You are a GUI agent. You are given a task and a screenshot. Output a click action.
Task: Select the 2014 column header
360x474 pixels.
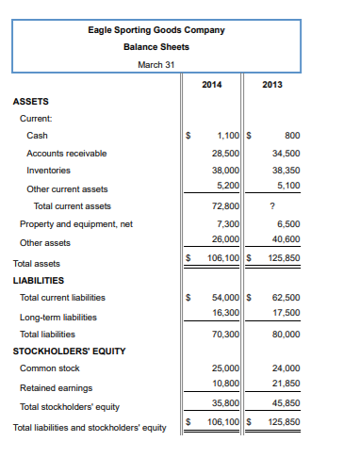(x=212, y=85)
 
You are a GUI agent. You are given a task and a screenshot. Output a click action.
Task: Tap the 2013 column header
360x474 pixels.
(x=272, y=85)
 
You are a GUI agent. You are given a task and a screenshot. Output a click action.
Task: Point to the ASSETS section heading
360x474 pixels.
(x=31, y=101)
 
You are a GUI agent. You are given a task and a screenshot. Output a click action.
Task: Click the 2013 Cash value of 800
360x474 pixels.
(x=291, y=136)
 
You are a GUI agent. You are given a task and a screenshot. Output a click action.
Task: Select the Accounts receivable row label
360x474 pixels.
(x=66, y=153)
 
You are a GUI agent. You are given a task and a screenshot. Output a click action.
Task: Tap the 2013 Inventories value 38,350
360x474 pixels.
(x=286, y=171)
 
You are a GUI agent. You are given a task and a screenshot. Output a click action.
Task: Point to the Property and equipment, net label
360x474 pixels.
(x=76, y=224)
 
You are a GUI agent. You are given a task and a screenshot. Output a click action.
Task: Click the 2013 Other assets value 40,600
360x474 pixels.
(x=286, y=241)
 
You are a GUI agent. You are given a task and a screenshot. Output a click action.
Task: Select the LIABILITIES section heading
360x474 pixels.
(x=39, y=280)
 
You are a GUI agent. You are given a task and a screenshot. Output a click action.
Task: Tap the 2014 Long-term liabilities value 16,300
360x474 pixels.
(x=225, y=312)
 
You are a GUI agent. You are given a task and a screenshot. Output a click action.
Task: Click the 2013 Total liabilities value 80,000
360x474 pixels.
(x=286, y=334)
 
